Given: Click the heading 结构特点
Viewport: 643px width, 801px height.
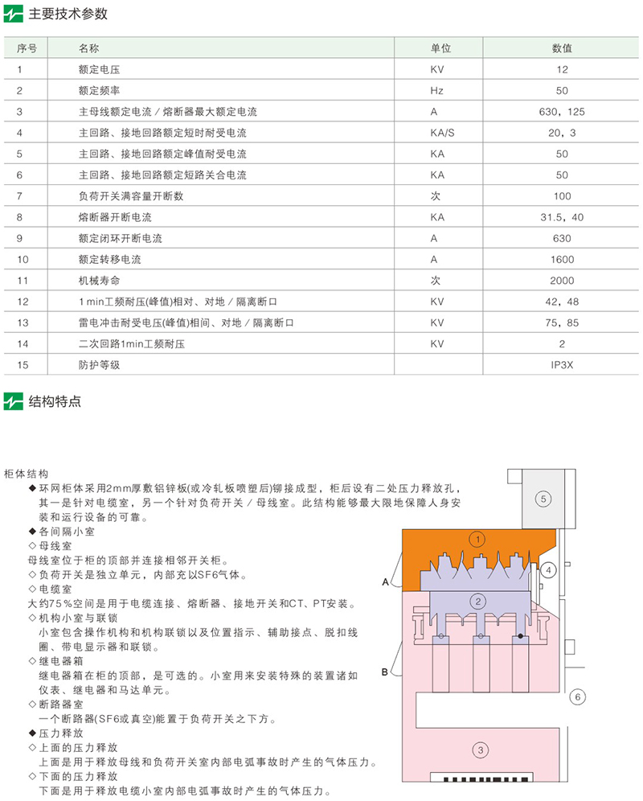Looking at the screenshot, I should (x=55, y=400).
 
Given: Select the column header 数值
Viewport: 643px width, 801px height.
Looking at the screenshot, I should (x=562, y=48).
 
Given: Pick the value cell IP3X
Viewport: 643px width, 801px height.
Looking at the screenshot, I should (x=562, y=364).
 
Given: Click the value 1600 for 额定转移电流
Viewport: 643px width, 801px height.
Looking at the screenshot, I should (x=562, y=259).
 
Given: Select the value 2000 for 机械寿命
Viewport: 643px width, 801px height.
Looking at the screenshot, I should (x=562, y=280).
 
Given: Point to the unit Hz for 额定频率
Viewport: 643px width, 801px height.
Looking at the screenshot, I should (x=436, y=91).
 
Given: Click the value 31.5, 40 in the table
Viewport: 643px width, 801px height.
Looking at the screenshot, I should (x=562, y=217).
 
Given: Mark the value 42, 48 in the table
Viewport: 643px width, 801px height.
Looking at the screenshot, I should (x=562, y=301).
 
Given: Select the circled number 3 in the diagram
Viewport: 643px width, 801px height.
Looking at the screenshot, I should (x=480, y=751).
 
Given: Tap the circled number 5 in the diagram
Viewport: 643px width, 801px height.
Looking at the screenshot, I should (x=543, y=499).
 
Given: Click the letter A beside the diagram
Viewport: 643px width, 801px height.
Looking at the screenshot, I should (x=386, y=581).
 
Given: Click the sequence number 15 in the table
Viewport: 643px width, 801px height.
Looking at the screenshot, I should (x=23, y=364).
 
